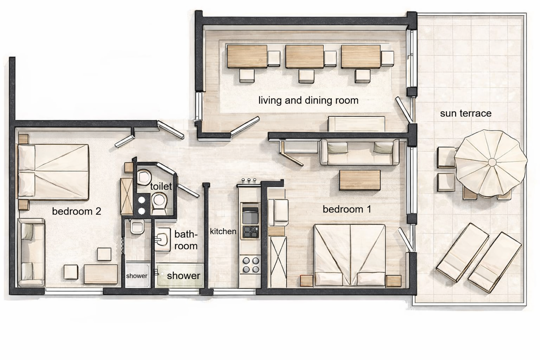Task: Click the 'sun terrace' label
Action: pos(465,114)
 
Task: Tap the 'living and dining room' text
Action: pos(308,101)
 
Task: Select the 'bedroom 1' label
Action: pos(347,210)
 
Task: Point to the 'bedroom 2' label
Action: pos(76,211)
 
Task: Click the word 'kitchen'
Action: pos(223,231)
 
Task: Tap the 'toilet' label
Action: pos(161,186)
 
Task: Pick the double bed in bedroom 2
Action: pos(53,172)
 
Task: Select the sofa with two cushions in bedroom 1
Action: pos(359,152)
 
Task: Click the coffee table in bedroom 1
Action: pos(360,180)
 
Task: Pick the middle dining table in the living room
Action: pos(304,56)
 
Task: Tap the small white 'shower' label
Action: pos(137,276)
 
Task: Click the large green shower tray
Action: pos(180,275)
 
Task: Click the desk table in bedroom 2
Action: pos(101,274)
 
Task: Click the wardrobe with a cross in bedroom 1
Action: pos(277,262)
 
